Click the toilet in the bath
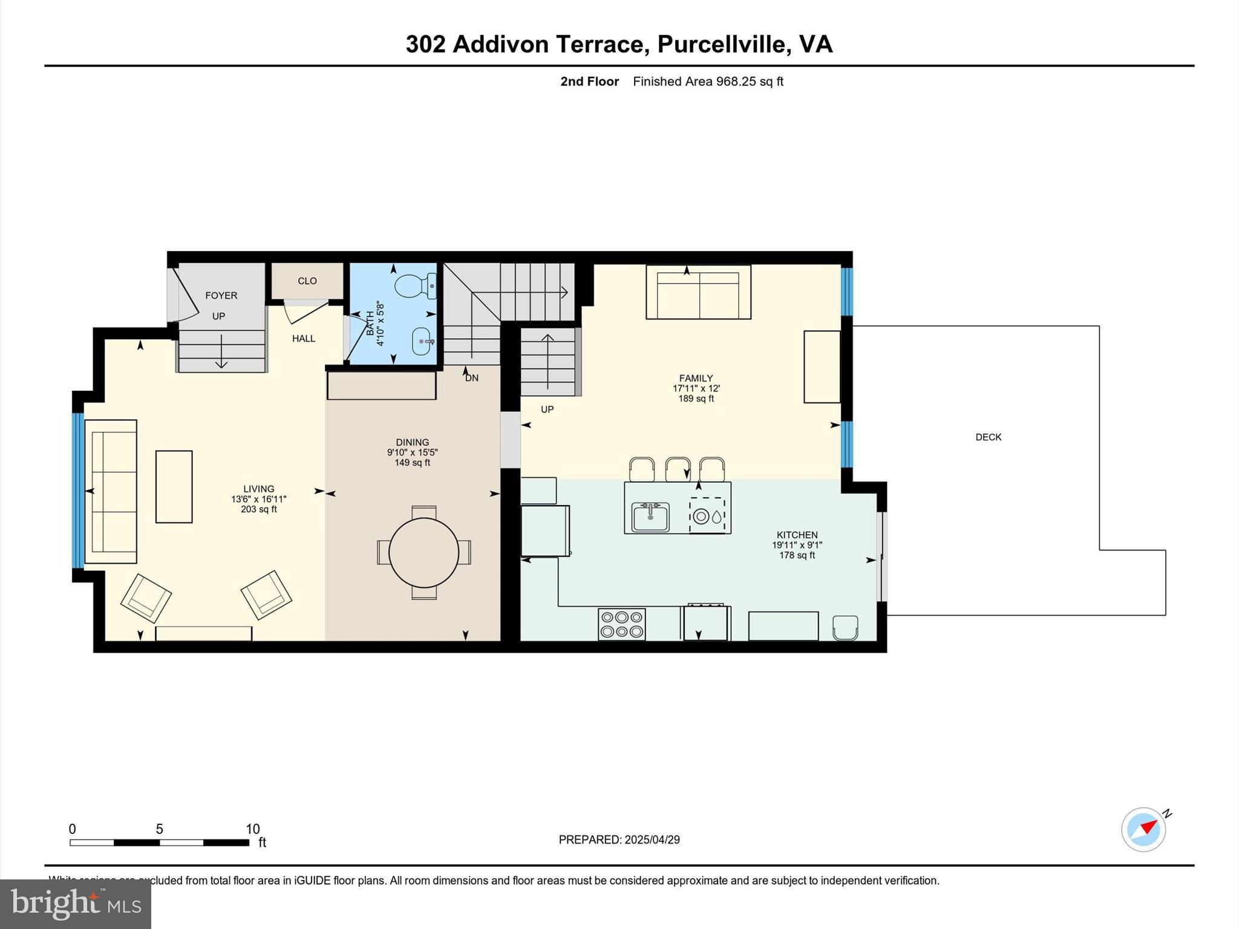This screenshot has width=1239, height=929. pos(414,285)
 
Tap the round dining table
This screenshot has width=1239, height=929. pos(423,552)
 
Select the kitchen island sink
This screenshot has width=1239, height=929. pos(650,517)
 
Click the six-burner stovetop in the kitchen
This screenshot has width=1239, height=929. pos(621,624)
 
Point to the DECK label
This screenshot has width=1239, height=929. pos(988,437)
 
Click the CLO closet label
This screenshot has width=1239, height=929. pos(307,281)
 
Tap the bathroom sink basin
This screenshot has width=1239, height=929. pos(422,342)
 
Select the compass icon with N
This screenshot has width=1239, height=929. pos(1143,829)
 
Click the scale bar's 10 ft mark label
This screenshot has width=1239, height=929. pos(252,829)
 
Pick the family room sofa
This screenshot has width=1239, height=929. pos(698,293)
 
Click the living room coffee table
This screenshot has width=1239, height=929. pos(174,486)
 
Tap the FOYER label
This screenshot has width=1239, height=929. pos(221,295)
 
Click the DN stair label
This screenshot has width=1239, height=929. pos(471,378)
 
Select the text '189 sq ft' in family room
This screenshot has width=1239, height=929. pos(696,399)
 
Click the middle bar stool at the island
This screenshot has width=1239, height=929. pos(678,469)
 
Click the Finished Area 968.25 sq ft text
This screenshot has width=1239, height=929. pos(708,81)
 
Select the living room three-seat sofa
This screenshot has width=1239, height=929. pos(111,491)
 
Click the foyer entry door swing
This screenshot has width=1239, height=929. pos(185,296)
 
